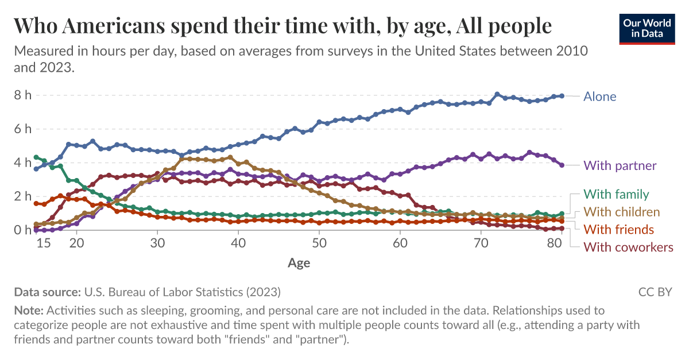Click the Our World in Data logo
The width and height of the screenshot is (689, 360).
(x=647, y=26)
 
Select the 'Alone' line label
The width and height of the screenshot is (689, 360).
(x=599, y=96)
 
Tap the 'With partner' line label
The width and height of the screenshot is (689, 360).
(x=620, y=166)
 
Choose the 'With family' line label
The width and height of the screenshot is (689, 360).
(x=616, y=195)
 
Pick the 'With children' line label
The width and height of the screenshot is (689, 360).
(x=621, y=212)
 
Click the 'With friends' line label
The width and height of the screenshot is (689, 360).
(x=618, y=230)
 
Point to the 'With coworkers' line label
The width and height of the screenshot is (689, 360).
(x=628, y=247)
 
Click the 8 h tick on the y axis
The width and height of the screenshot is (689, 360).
(x=23, y=95)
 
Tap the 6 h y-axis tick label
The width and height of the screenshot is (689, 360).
(x=23, y=129)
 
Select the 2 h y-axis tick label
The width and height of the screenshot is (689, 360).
(x=23, y=196)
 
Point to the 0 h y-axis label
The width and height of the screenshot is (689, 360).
(x=23, y=230)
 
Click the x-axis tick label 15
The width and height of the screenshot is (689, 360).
(x=44, y=243)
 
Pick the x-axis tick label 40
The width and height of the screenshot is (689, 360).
(x=238, y=243)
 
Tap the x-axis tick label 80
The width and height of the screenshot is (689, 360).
(x=555, y=243)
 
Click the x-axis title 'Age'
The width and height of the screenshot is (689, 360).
(x=299, y=264)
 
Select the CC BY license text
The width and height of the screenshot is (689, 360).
(x=655, y=292)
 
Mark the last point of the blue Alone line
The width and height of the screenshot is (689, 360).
(x=562, y=96)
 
